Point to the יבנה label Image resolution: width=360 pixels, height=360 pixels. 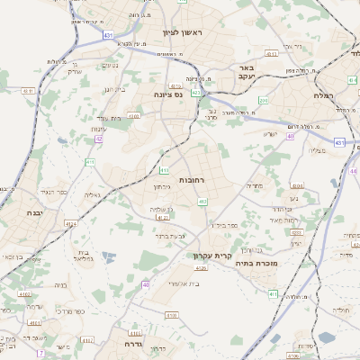click(25, 213)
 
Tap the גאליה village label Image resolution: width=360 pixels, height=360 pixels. click(92, 194)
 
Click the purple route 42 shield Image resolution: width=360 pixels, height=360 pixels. click(100, 139)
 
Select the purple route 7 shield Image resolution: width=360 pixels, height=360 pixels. click(40, 354)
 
